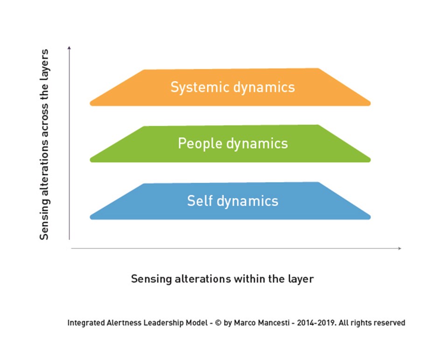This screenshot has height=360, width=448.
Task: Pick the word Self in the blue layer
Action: click(198, 201)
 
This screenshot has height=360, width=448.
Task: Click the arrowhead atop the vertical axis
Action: click(69, 47)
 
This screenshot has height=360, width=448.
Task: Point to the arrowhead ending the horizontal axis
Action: click(399, 248)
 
